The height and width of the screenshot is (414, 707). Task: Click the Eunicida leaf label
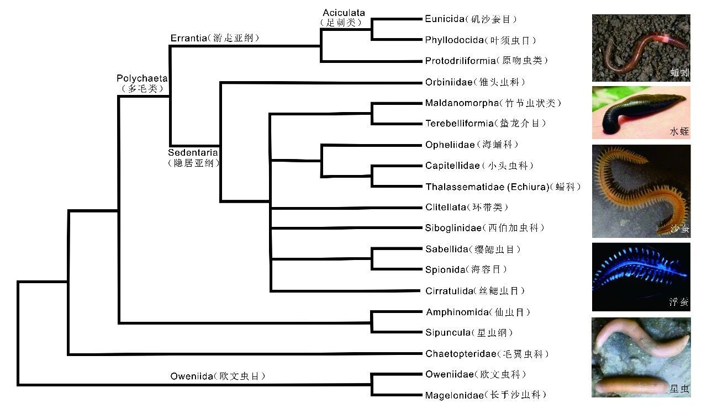coord(471,19)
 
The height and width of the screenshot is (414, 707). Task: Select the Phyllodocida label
coord(481,40)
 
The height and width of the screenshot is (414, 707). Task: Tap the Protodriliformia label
coord(486,61)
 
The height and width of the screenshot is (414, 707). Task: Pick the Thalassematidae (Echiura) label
coord(503,187)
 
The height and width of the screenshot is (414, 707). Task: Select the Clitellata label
coord(466,208)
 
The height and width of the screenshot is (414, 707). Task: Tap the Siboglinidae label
coord(485,228)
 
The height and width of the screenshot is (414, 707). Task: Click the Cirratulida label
coord(475,291)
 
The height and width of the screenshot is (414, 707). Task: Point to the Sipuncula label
coord(469,333)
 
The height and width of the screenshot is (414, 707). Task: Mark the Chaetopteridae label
coord(487,354)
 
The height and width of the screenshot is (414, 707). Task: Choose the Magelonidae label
coord(486,395)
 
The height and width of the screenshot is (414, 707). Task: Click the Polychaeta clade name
coord(142,83)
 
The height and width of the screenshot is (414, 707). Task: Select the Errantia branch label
coord(214,38)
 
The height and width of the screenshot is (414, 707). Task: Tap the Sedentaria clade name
coord(193,157)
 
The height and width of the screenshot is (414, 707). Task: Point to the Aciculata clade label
coord(344,18)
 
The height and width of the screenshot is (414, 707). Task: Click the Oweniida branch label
coord(218,376)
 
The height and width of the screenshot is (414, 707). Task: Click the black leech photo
coord(641,113)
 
